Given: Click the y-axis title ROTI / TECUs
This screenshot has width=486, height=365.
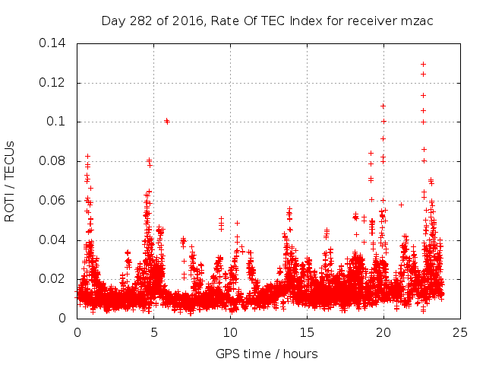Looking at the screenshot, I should (10, 181).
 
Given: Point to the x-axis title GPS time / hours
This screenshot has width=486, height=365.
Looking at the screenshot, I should (267, 354).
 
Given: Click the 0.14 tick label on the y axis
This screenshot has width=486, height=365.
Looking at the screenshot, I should (54, 43).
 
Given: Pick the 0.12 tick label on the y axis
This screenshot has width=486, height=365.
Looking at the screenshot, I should (54, 82).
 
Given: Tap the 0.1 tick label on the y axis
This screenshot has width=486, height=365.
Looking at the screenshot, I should (58, 122).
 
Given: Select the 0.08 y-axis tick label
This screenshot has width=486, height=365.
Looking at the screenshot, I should (54, 161).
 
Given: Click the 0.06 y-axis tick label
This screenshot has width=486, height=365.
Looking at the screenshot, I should (54, 201).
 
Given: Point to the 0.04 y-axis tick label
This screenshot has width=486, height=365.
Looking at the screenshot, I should (54, 240).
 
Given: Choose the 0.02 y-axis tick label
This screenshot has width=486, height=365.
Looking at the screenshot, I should (54, 279).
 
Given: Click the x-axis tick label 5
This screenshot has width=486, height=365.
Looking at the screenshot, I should (153, 332).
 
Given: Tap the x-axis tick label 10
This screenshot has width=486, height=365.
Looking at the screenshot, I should (230, 332).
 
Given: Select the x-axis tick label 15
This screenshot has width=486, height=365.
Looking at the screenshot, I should (307, 332).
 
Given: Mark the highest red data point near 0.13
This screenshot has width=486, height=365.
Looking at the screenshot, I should (423, 64).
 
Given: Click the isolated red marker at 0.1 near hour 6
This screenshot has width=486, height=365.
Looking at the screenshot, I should (167, 121).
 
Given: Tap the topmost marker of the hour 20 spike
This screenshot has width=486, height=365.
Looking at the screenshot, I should (383, 106).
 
